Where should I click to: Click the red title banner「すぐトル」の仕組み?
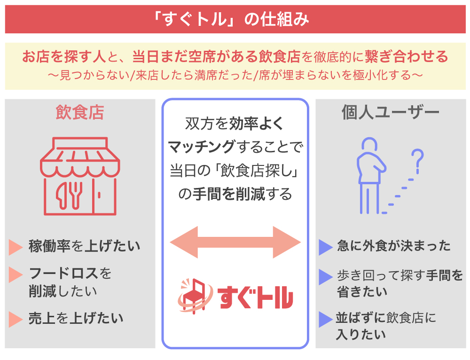point(235,20)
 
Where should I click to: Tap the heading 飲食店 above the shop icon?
point(80,113)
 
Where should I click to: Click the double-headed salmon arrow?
point(235,242)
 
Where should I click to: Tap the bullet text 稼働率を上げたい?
point(84,246)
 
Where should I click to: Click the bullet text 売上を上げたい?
point(76,318)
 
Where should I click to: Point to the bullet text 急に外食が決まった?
point(393,246)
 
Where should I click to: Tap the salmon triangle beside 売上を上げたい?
point(16,319)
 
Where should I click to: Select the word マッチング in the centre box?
point(201,147)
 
